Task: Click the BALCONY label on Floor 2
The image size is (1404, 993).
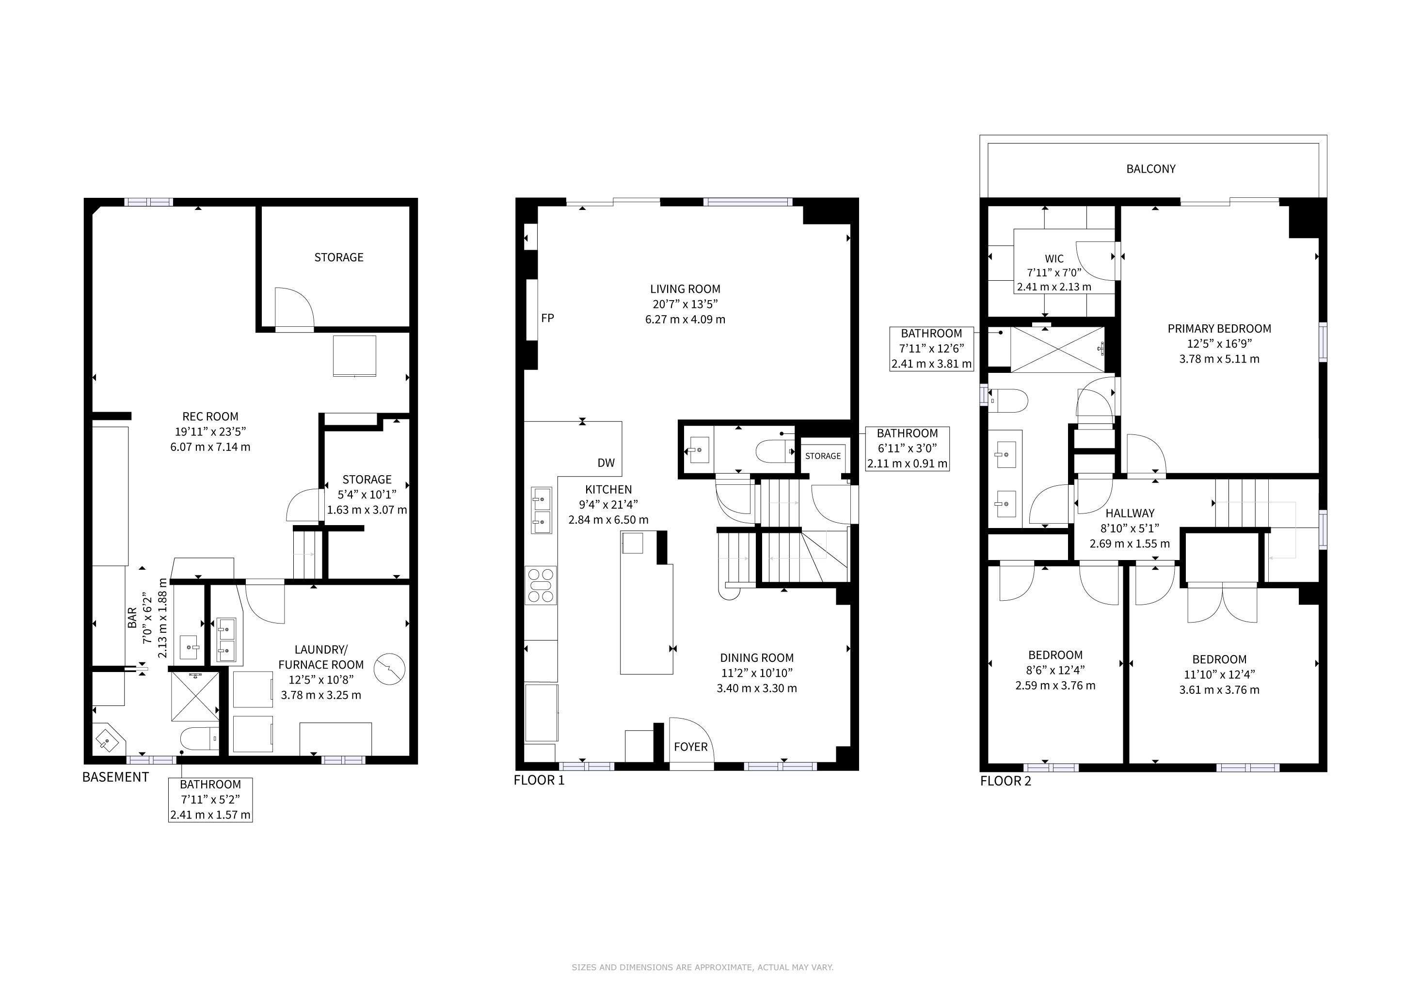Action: (1150, 169)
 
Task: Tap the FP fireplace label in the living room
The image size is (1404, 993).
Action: (547, 318)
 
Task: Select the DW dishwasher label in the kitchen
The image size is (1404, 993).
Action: (606, 463)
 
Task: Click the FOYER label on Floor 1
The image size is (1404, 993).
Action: (690, 747)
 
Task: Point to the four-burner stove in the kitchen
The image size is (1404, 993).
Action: (541, 586)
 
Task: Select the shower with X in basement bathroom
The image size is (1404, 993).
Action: (195, 695)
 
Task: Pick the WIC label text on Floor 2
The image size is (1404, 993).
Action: (1054, 258)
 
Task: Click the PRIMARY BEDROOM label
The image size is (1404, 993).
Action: (1219, 328)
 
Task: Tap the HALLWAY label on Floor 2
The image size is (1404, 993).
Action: (1130, 513)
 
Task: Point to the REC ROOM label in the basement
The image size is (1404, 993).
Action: (210, 417)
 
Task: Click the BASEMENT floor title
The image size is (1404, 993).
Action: (115, 777)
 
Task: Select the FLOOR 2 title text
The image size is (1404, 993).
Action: (1005, 781)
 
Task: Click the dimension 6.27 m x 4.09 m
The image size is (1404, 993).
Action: (685, 319)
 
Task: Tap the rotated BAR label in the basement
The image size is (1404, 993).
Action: (132, 618)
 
